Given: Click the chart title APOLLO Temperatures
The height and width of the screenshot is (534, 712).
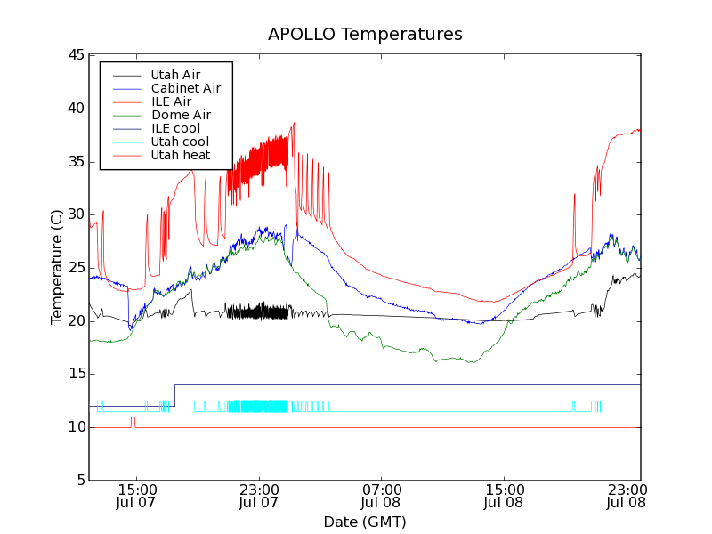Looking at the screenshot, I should click(x=365, y=35).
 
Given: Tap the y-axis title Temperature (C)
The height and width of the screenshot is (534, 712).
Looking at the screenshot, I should click(x=56, y=267).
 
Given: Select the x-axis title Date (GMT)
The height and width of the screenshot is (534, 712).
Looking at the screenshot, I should click(x=365, y=521).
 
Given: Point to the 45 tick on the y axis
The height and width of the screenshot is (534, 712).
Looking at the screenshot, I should click(x=75, y=55).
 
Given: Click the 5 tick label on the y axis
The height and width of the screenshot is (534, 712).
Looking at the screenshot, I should click(x=78, y=481).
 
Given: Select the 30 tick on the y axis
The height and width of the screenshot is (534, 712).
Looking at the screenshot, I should click(x=75, y=214).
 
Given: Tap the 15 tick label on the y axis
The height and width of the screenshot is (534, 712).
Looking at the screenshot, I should click(x=75, y=374).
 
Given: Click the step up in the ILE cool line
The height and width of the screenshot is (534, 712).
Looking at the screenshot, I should click(x=174, y=395).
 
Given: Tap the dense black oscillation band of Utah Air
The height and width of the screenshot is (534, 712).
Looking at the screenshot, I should click(x=257, y=311).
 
